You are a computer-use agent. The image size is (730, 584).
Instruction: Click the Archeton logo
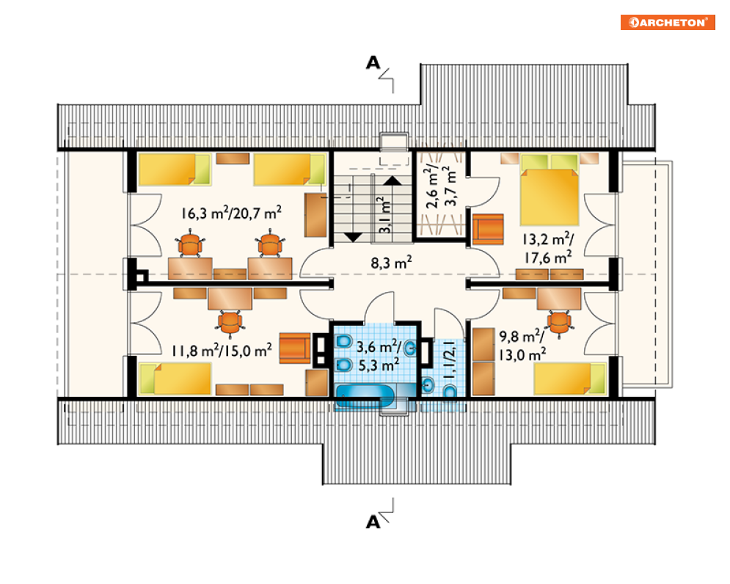pos(668,22)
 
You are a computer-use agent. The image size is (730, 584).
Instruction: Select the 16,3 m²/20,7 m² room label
pos(231,213)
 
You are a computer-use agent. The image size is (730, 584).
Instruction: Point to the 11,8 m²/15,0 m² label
pos(222,350)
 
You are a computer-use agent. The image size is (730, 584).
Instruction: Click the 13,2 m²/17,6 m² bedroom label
pos(548,248)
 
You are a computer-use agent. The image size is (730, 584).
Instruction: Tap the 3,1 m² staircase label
pos(384,215)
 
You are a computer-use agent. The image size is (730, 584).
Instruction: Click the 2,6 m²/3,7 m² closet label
pos(440,186)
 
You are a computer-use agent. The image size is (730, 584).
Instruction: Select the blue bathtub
pos(365,396)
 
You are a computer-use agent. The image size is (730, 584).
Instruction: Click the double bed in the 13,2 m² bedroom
pos(550,190)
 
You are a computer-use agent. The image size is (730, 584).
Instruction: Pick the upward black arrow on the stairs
pos(393,181)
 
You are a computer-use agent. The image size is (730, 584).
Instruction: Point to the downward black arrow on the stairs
pos(353,237)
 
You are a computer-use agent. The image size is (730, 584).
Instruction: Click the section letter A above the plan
pos(373,62)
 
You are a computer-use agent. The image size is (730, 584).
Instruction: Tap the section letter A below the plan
pos(373,522)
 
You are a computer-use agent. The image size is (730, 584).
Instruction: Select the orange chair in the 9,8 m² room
pos(559,322)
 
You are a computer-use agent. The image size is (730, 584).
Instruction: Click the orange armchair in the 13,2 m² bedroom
pos(488,229)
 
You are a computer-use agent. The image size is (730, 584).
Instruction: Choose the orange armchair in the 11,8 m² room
pos(295,348)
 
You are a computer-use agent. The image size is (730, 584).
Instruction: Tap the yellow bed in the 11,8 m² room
pos(175,379)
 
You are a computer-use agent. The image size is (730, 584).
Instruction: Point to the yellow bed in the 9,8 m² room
pos(570,379)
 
